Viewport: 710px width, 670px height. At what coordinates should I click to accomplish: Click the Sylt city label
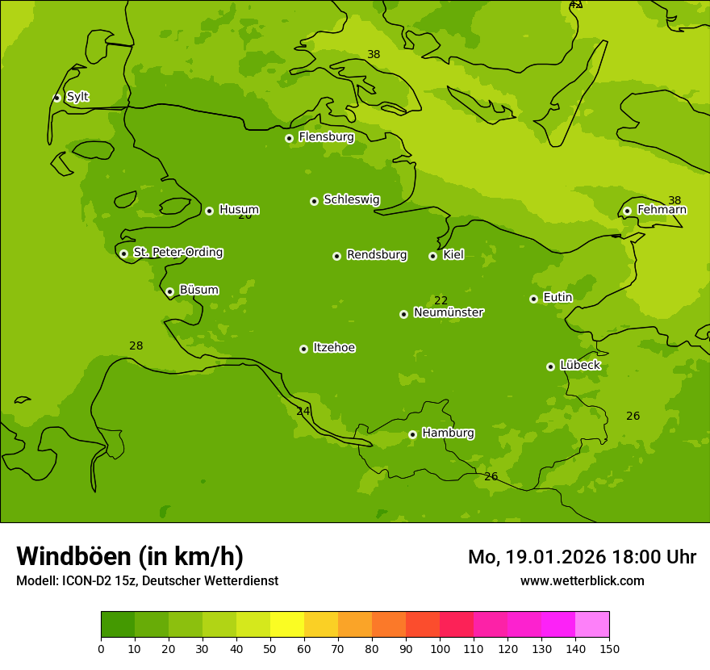pos(77,97)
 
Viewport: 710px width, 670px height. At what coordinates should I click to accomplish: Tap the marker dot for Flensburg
pos(289,138)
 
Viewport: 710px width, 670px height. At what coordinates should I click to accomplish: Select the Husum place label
pos(239,210)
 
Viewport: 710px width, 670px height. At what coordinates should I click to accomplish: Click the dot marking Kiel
pos(432,256)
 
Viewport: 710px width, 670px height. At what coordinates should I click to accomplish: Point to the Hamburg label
pos(448,433)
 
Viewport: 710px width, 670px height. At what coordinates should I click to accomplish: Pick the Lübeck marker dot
pos(550,366)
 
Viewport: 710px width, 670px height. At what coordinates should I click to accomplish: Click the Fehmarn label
pos(662,210)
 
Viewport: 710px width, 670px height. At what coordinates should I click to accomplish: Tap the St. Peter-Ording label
pos(177,253)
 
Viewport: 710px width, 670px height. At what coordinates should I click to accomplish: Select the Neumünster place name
pos(448,312)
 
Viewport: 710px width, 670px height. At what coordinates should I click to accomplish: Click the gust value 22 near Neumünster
pos(441,300)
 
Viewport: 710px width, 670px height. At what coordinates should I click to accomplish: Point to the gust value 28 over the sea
pos(136,345)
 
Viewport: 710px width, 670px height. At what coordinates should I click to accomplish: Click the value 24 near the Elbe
pos(303,411)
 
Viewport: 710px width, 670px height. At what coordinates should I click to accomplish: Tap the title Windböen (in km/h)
pos(130,556)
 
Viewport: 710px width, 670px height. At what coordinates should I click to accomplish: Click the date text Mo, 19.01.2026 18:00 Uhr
pos(582,557)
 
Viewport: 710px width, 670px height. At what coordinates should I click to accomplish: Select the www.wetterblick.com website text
pos(582,580)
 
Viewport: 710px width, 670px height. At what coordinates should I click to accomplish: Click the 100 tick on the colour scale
pos(440,648)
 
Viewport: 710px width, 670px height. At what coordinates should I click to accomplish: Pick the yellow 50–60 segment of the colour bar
pos(287,625)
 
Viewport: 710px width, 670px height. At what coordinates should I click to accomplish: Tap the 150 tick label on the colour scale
pos(609,648)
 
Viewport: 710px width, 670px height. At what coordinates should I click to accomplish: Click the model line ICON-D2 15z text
pos(147,580)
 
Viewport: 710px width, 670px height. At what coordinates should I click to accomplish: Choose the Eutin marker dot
pos(533,299)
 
